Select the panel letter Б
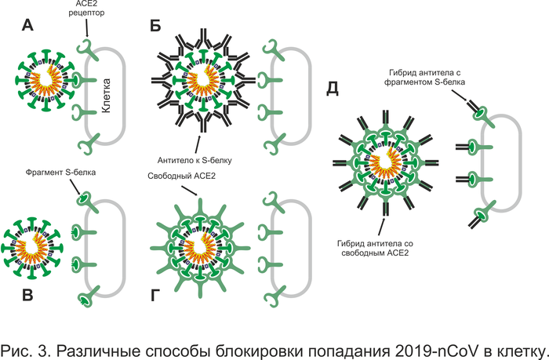coord(156,26)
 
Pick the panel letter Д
coord(332,89)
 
